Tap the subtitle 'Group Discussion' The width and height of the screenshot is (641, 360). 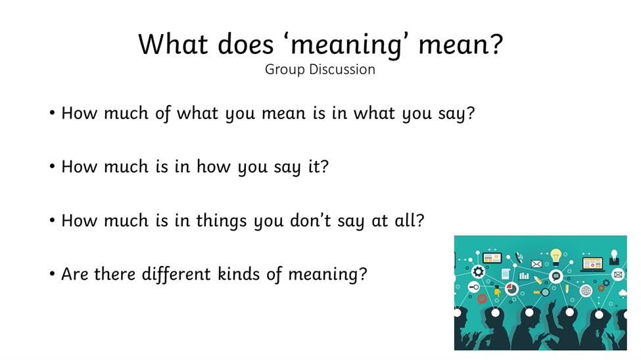320,70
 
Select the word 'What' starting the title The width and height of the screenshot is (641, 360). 173,43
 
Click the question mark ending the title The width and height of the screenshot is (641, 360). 496,43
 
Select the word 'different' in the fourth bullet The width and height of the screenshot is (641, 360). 176,274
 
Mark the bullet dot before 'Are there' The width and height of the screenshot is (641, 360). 52,274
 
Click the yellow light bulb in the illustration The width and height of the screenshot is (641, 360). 556,257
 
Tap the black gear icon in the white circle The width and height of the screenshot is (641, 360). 478,271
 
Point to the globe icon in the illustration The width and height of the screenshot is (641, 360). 586,290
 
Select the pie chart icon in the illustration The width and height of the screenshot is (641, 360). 511,289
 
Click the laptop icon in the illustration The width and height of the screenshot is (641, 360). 592,264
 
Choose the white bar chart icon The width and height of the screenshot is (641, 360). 524,276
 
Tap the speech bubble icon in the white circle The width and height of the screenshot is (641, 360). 556,277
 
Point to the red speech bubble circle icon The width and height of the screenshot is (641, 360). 482,299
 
